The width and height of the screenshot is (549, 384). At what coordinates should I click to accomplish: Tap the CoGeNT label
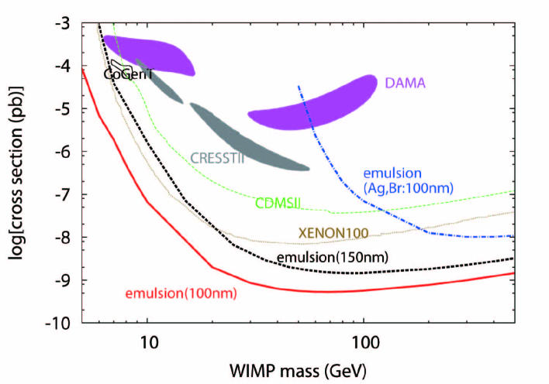(129, 74)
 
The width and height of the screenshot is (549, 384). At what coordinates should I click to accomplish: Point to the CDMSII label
(278, 204)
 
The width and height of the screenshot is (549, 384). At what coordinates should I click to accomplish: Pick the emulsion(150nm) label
(332, 257)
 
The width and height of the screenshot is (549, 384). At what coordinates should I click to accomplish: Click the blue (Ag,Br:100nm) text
(409, 188)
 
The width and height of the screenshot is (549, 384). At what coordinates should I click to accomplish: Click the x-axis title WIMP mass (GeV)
(299, 366)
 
